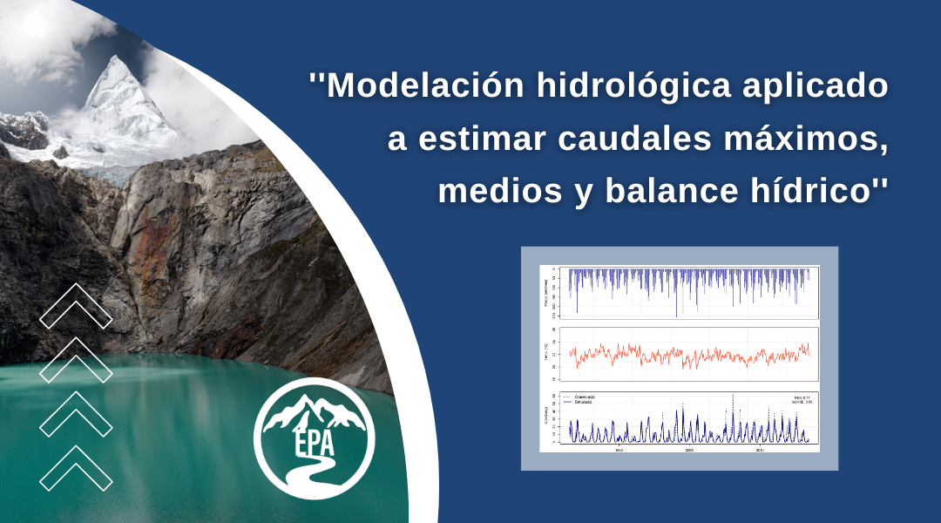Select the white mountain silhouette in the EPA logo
(315, 411)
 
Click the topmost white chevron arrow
(76, 306)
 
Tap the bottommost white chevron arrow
(76, 468)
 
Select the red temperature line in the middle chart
(688, 356)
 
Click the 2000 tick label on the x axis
(689, 450)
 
